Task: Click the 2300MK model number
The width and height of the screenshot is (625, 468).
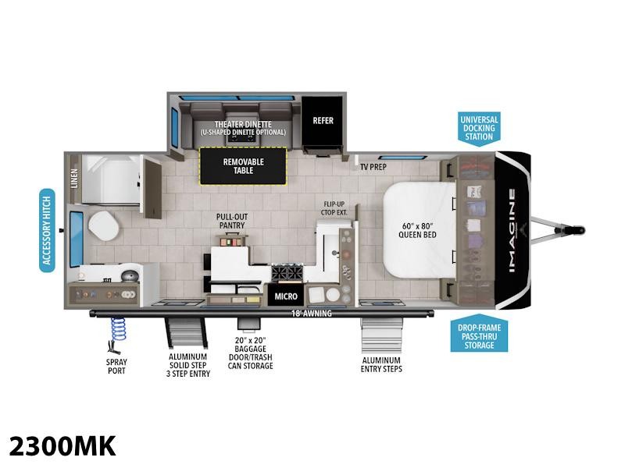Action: tap(62, 445)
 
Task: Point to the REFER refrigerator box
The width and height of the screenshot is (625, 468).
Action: tap(323, 121)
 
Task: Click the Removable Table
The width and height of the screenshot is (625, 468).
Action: tap(243, 166)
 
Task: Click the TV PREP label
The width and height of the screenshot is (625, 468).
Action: tap(374, 167)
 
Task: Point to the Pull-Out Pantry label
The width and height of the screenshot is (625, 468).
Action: tap(232, 221)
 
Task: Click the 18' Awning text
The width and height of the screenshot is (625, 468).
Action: tap(310, 314)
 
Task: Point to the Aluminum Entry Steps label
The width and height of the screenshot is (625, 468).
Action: tap(381, 365)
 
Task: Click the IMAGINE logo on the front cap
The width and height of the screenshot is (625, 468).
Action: tap(512, 231)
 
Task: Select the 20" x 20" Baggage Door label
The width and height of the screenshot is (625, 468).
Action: tap(254, 353)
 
